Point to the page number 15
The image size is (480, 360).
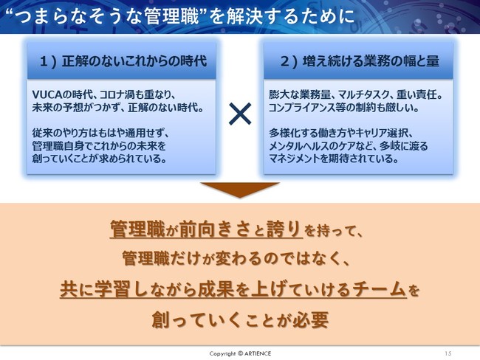[448, 353]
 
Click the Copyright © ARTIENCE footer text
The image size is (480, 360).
[240, 353]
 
